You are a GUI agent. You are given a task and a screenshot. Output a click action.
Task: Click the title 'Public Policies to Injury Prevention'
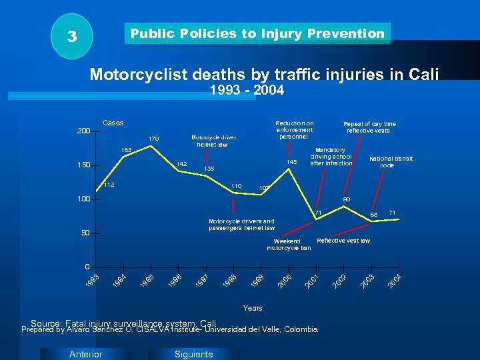click(x=257, y=33)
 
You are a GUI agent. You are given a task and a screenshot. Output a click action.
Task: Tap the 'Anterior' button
click(x=86, y=354)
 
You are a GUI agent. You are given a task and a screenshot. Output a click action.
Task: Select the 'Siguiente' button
click(x=193, y=354)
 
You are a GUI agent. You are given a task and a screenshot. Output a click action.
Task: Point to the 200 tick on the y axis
click(x=83, y=131)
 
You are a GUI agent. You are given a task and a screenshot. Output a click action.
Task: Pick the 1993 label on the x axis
click(x=93, y=281)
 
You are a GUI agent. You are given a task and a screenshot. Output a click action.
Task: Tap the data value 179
click(x=153, y=139)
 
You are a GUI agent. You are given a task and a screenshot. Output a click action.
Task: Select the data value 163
click(x=125, y=149)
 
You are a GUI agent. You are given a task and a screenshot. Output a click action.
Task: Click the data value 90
click(x=347, y=199)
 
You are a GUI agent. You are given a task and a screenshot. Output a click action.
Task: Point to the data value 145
click(x=291, y=163)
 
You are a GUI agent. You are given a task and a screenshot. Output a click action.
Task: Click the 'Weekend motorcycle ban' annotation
click(x=288, y=244)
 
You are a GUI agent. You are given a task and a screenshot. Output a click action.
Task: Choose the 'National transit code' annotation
click(x=391, y=161)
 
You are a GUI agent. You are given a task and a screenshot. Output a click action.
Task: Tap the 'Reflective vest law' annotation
click(x=343, y=240)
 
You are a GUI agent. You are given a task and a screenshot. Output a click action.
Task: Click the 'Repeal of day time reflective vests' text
click(x=369, y=127)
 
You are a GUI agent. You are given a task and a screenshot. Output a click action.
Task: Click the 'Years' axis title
click(x=253, y=308)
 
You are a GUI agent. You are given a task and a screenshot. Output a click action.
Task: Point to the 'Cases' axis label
click(x=113, y=123)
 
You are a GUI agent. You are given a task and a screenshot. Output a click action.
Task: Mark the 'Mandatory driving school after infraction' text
click(x=331, y=157)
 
